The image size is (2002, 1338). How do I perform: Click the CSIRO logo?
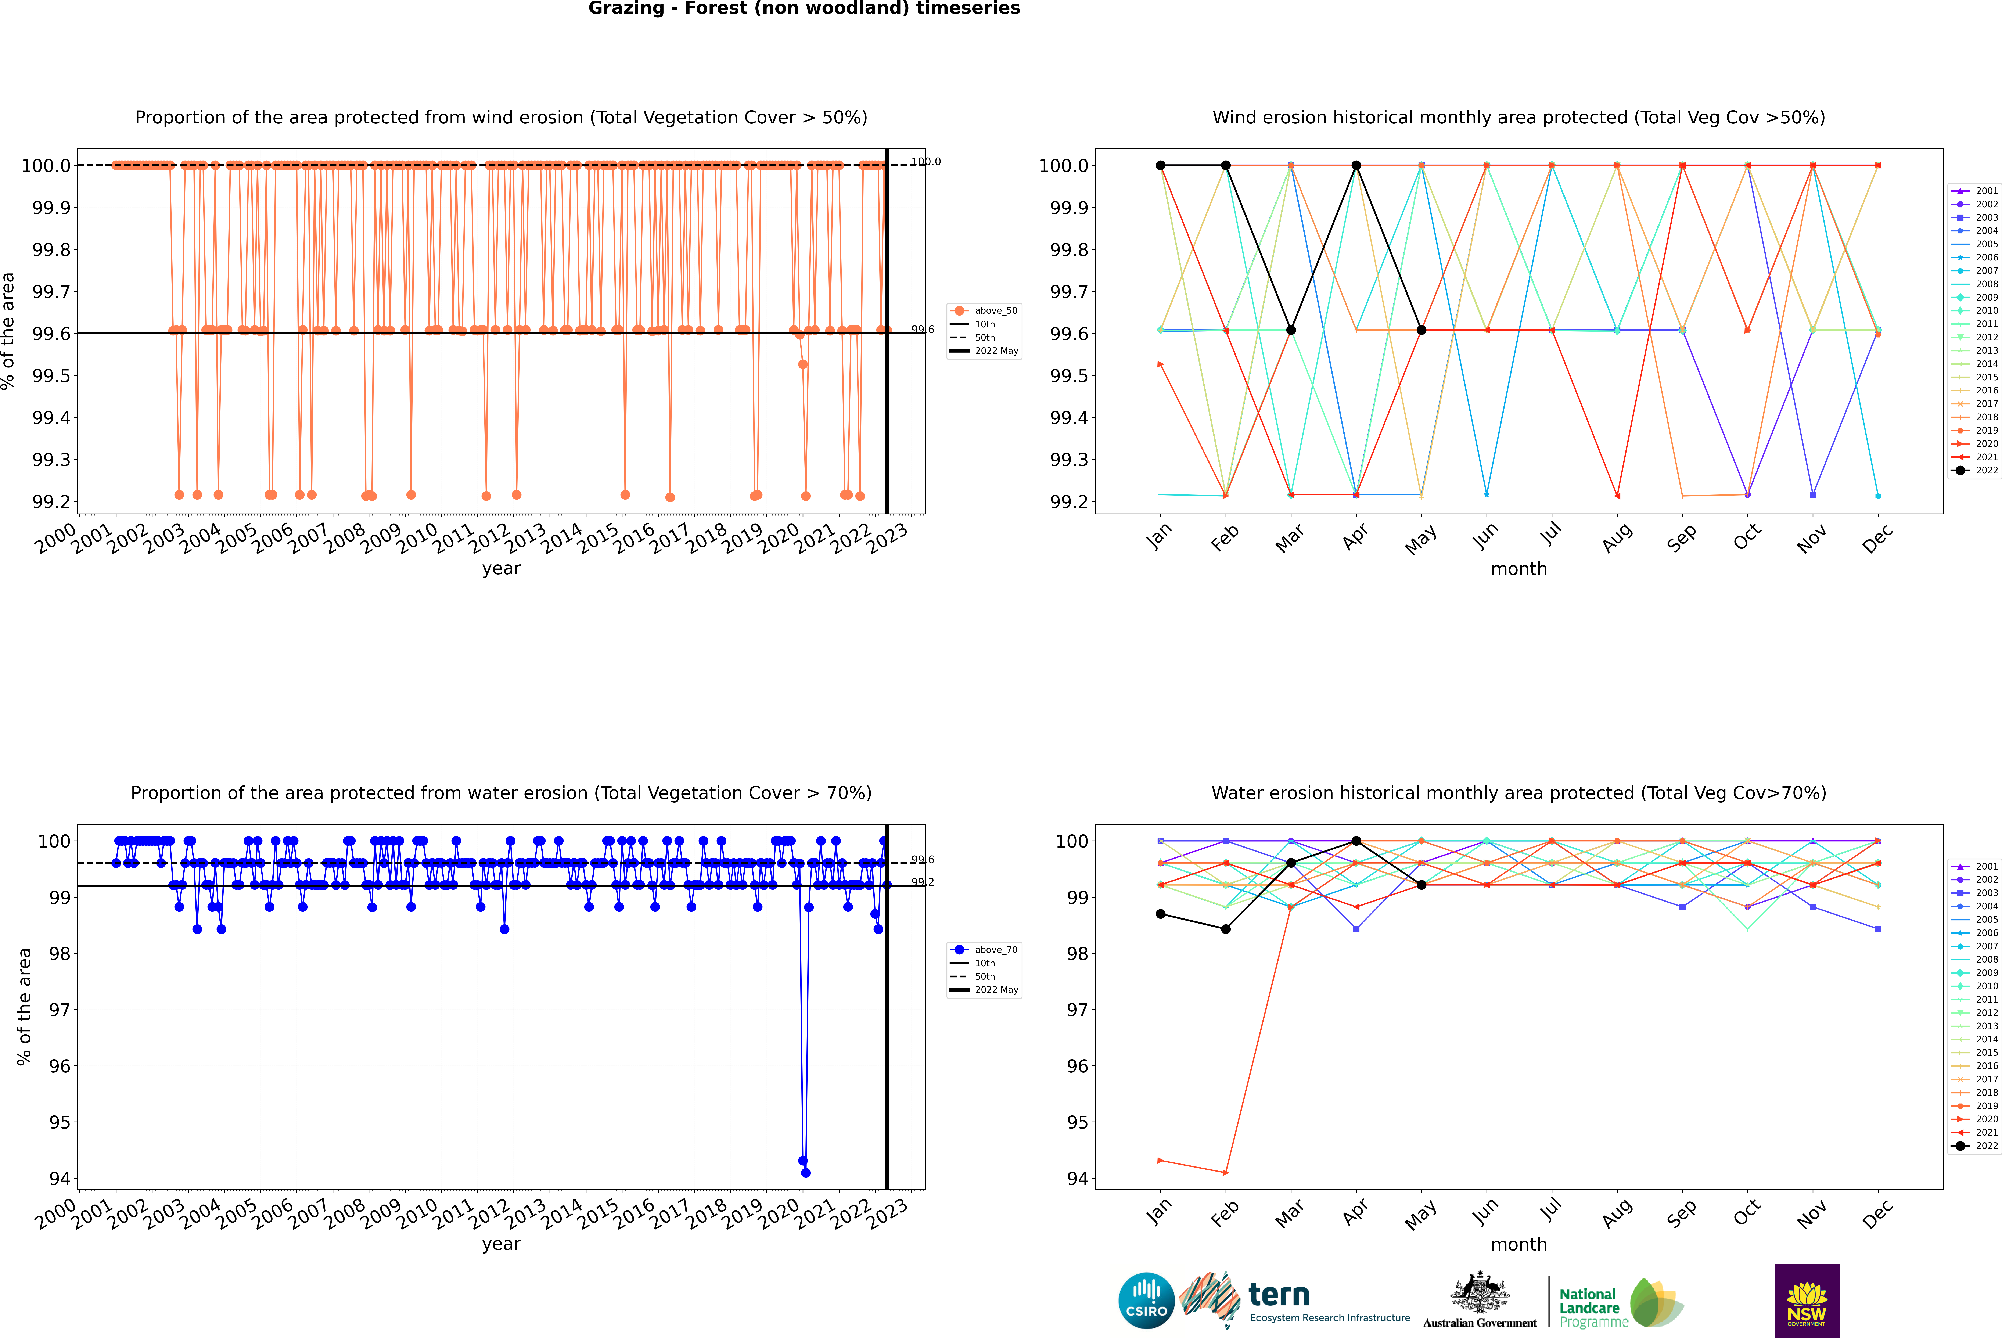(x=1146, y=1301)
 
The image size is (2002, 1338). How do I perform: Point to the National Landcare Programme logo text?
(x=1589, y=1307)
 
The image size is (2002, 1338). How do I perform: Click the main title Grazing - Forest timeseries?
(x=804, y=8)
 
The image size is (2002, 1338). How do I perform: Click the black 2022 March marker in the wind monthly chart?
(x=1291, y=330)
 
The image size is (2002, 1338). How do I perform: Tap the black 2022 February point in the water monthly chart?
(x=1225, y=929)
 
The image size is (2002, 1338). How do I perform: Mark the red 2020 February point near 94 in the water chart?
(x=1225, y=1172)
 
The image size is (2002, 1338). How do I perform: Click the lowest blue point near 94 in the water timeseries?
(x=806, y=1172)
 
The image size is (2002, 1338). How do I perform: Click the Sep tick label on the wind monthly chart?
(x=1681, y=537)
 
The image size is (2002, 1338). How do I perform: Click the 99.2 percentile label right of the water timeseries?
(x=922, y=882)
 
